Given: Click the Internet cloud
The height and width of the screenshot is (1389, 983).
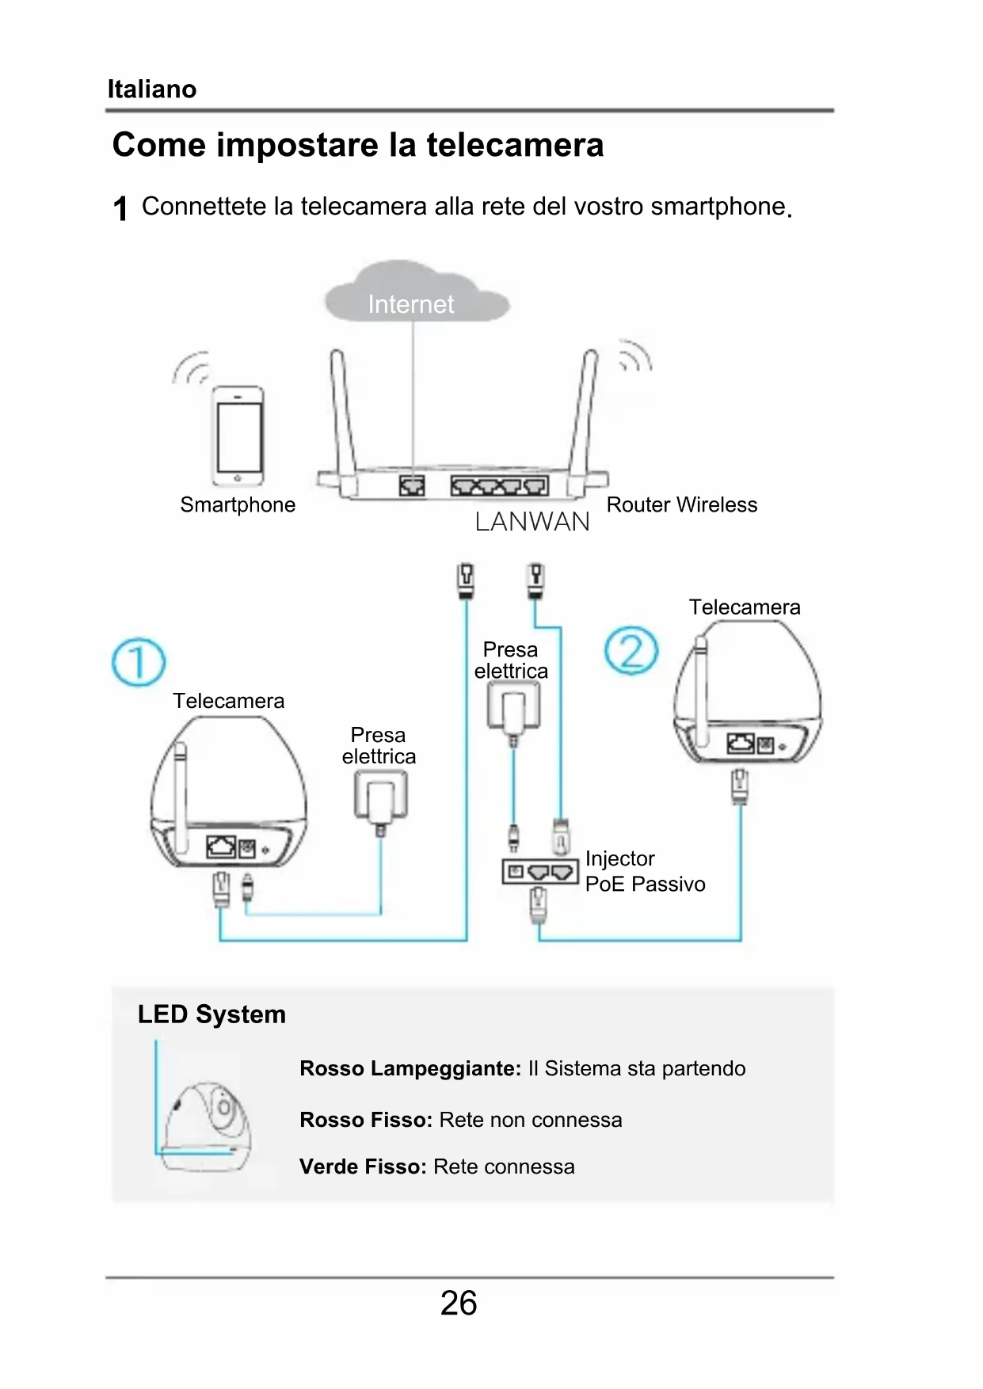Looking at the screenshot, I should click(x=415, y=295).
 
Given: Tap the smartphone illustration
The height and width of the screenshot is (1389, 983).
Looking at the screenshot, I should click(x=238, y=436).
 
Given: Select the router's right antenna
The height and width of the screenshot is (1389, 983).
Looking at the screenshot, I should click(x=584, y=412).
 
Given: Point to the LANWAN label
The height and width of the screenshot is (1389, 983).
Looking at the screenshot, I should click(x=532, y=522).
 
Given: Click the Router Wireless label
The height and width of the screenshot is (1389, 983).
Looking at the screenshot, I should click(x=681, y=504).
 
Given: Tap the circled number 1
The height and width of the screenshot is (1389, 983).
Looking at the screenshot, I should click(x=139, y=662).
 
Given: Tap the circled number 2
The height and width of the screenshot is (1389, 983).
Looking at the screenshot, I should click(x=631, y=651).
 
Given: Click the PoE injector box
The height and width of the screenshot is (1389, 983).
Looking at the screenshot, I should click(x=539, y=872).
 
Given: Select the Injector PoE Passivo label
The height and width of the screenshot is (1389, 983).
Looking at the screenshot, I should click(x=644, y=871).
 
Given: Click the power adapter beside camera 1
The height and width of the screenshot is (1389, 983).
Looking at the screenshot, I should click(x=381, y=796).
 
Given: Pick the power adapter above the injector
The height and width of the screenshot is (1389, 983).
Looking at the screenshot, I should click(x=513, y=706).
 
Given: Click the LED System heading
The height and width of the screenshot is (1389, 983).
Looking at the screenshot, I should click(x=211, y=1014).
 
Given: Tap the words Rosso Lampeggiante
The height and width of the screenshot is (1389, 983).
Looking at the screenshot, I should click(x=410, y=1068).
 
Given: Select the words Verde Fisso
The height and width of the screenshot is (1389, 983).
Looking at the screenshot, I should click(x=363, y=1166).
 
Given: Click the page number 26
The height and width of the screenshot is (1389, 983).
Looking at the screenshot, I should click(x=459, y=1303).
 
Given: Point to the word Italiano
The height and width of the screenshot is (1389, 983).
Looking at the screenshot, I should click(x=152, y=89).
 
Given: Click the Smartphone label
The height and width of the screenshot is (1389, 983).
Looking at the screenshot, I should click(x=238, y=504).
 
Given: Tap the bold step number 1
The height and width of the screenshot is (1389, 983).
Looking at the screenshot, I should click(x=120, y=209).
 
